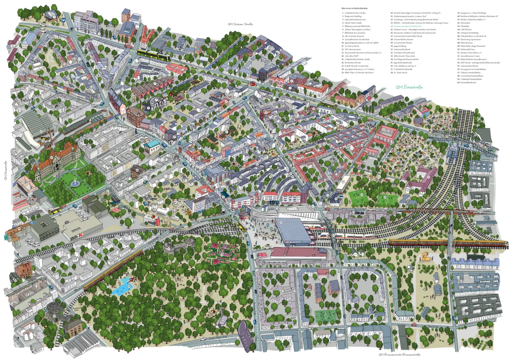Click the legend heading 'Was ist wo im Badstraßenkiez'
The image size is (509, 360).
[x=360, y=8]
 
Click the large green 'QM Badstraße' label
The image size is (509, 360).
[x=409, y=87]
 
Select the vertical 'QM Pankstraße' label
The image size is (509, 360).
[x=6, y=171]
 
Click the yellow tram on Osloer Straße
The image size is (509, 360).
[x=153, y=54]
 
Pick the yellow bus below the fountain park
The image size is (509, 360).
[x=54, y=210]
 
